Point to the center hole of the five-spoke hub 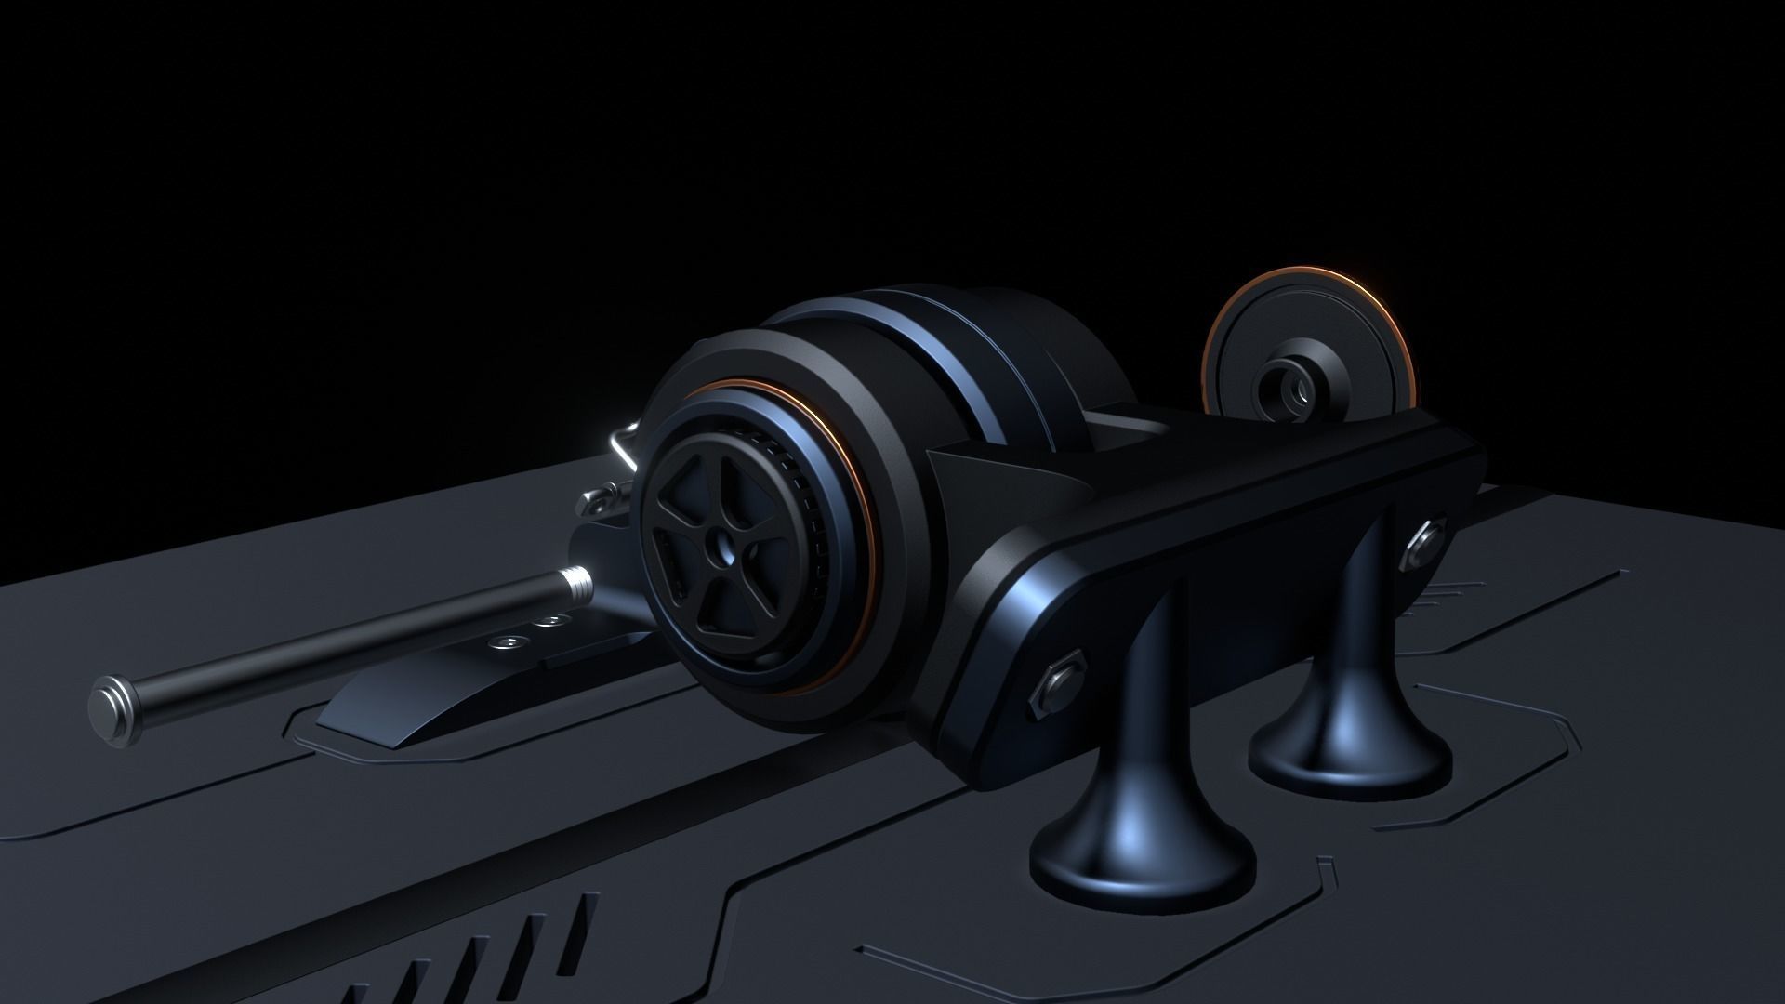click(x=720, y=550)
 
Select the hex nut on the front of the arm click(x=1059, y=688)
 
